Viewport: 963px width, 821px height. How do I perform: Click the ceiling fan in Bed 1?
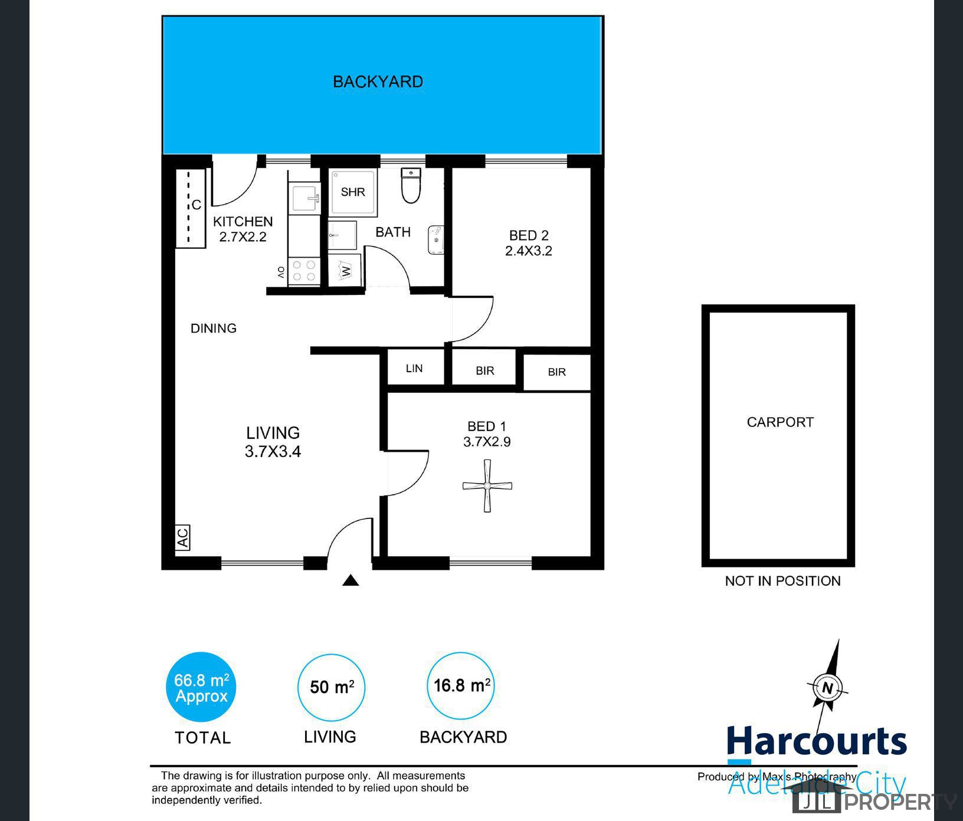[x=487, y=486]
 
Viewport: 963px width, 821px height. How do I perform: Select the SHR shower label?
[x=353, y=192]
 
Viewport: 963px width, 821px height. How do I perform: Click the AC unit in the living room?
[x=183, y=537]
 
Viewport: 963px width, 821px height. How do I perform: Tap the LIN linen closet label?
[x=414, y=369]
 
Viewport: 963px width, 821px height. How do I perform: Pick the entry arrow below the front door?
[x=351, y=580]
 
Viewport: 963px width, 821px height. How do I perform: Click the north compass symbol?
[x=827, y=688]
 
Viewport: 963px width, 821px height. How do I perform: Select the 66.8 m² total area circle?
[x=201, y=687]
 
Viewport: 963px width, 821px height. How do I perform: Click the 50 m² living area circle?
[x=332, y=687]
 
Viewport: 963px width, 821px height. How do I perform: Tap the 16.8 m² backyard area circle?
[x=461, y=686]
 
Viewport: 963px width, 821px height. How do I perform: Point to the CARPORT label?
[x=780, y=422]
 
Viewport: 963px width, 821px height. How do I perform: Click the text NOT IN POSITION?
[x=782, y=581]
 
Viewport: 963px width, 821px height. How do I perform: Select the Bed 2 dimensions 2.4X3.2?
[x=528, y=251]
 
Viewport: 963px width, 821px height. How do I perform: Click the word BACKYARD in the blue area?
[x=378, y=81]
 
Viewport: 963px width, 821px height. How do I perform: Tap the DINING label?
[x=214, y=328]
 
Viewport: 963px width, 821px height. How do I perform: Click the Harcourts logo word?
[x=817, y=742]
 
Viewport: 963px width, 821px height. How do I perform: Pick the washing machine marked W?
[x=345, y=271]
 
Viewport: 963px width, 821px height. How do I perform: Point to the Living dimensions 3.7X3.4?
[x=273, y=452]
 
